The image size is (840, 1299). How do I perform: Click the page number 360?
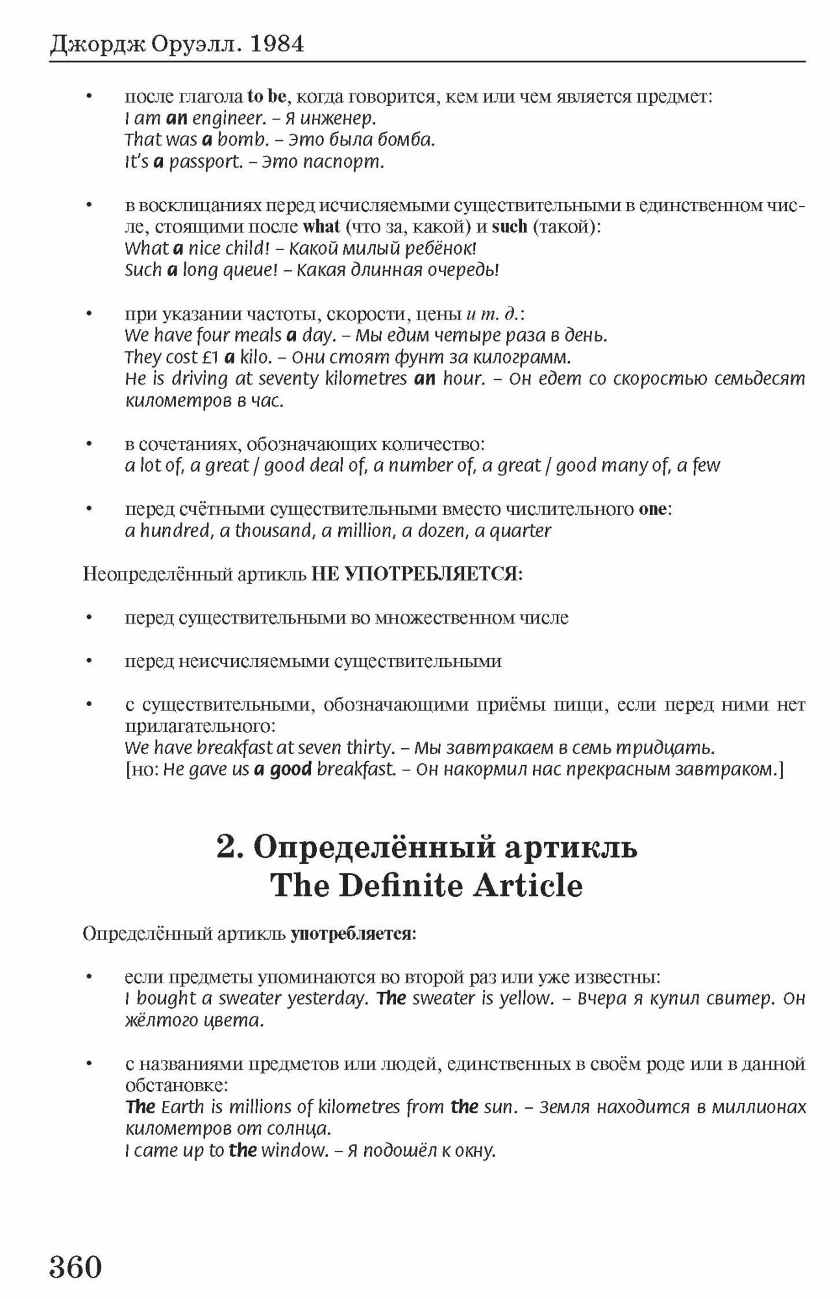(76, 1266)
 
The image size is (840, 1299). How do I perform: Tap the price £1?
(209, 357)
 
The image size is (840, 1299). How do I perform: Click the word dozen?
(441, 531)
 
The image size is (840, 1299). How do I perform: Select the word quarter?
(520, 531)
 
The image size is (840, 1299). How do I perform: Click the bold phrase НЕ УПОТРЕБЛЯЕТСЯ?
(415, 574)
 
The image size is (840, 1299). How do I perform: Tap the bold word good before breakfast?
(290, 770)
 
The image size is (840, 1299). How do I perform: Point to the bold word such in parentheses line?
(509, 227)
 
